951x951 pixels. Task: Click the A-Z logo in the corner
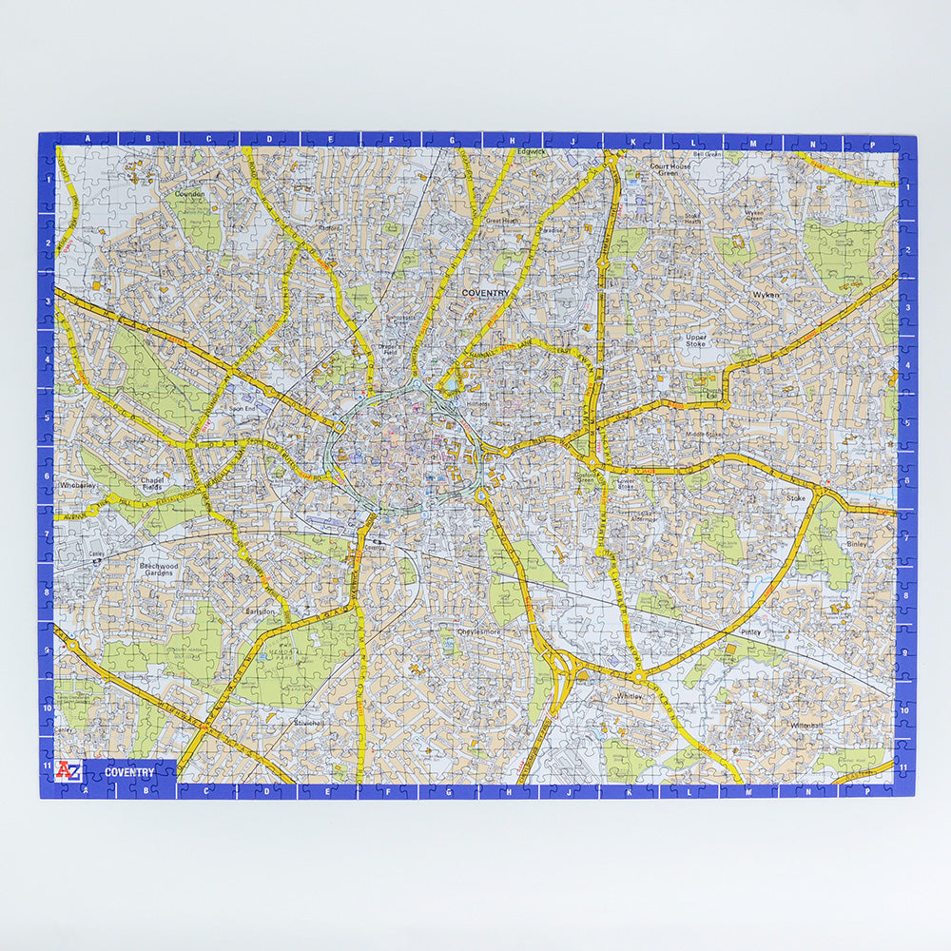tap(68, 770)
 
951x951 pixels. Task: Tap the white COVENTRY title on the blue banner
tap(129, 772)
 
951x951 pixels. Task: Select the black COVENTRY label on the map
tap(485, 294)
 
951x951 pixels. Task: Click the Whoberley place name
tap(78, 485)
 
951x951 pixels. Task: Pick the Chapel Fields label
tap(152, 485)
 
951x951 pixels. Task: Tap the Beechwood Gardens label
tap(158, 570)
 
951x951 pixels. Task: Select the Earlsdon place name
tap(260, 611)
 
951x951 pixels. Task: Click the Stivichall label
tap(312, 723)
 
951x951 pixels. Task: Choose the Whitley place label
tap(630, 696)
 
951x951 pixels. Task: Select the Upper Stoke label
tap(696, 340)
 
